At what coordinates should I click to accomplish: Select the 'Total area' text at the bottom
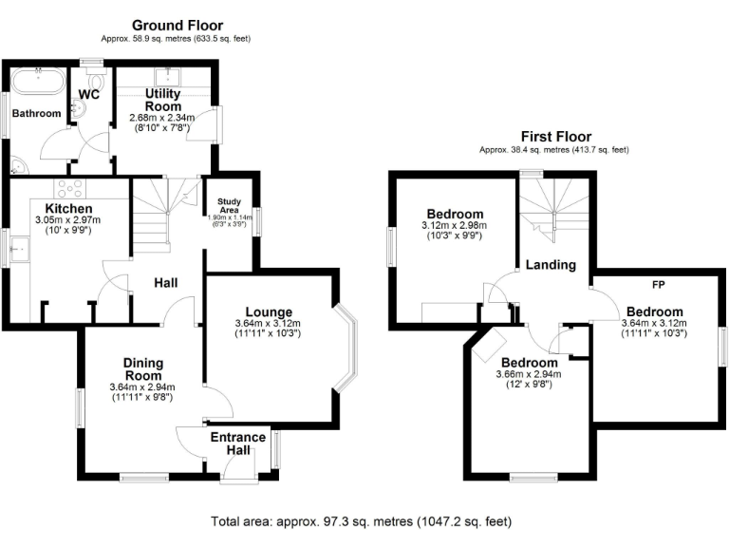point(361,521)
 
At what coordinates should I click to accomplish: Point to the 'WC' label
point(89,94)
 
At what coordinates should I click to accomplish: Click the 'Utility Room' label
point(162,100)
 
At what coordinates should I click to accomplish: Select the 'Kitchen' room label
point(68,208)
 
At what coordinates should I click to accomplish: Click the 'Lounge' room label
point(269,311)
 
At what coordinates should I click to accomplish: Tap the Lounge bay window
point(349,346)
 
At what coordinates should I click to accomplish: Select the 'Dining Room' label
point(142,369)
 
